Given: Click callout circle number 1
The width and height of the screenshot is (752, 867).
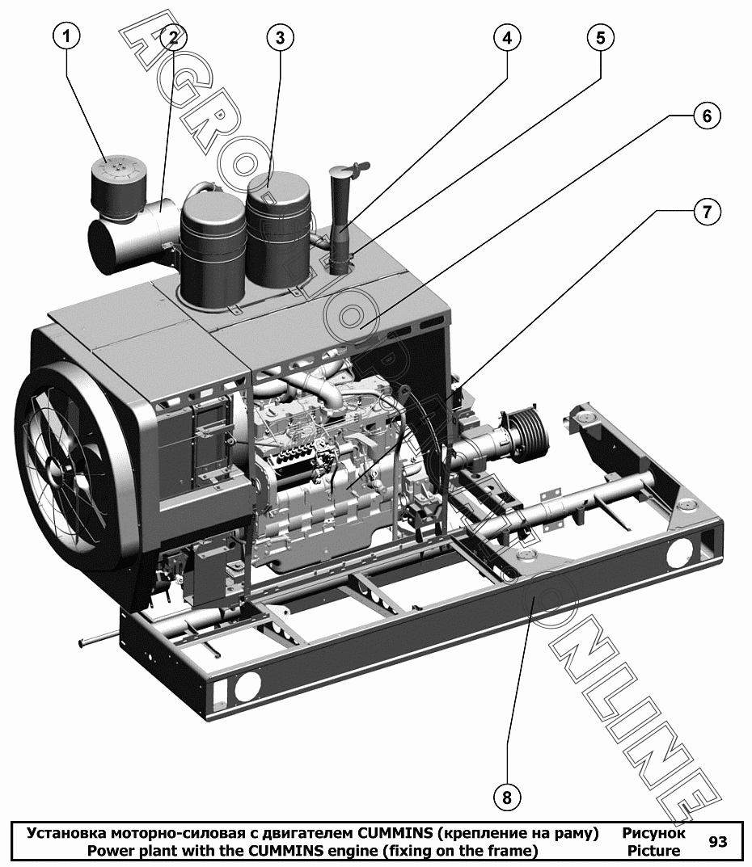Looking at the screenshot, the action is pos(66,37).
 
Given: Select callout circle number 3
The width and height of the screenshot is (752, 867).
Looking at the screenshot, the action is pos(280,37).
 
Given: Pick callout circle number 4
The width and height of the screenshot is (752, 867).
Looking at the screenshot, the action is pos(507,37).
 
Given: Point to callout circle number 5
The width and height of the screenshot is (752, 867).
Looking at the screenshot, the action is pos(600,37).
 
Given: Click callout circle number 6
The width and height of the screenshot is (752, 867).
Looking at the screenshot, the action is pos(707,116).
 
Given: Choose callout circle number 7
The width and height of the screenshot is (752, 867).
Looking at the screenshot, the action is pos(707,211).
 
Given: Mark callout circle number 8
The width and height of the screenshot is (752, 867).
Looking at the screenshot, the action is pos(507,798).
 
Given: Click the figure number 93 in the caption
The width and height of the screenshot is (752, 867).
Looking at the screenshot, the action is pos(718,842).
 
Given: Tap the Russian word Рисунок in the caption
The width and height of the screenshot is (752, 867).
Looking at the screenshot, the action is pos(653,833).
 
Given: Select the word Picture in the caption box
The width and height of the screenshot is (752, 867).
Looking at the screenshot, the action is pos(654,850).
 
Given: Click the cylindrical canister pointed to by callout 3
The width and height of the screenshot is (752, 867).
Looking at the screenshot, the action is pos(278,232).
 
